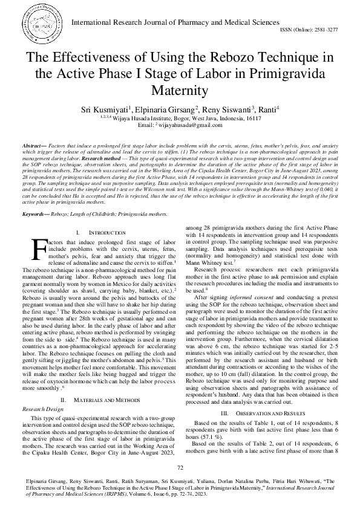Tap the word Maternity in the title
click(x=180, y=91)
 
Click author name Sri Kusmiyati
click(x=121, y=111)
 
